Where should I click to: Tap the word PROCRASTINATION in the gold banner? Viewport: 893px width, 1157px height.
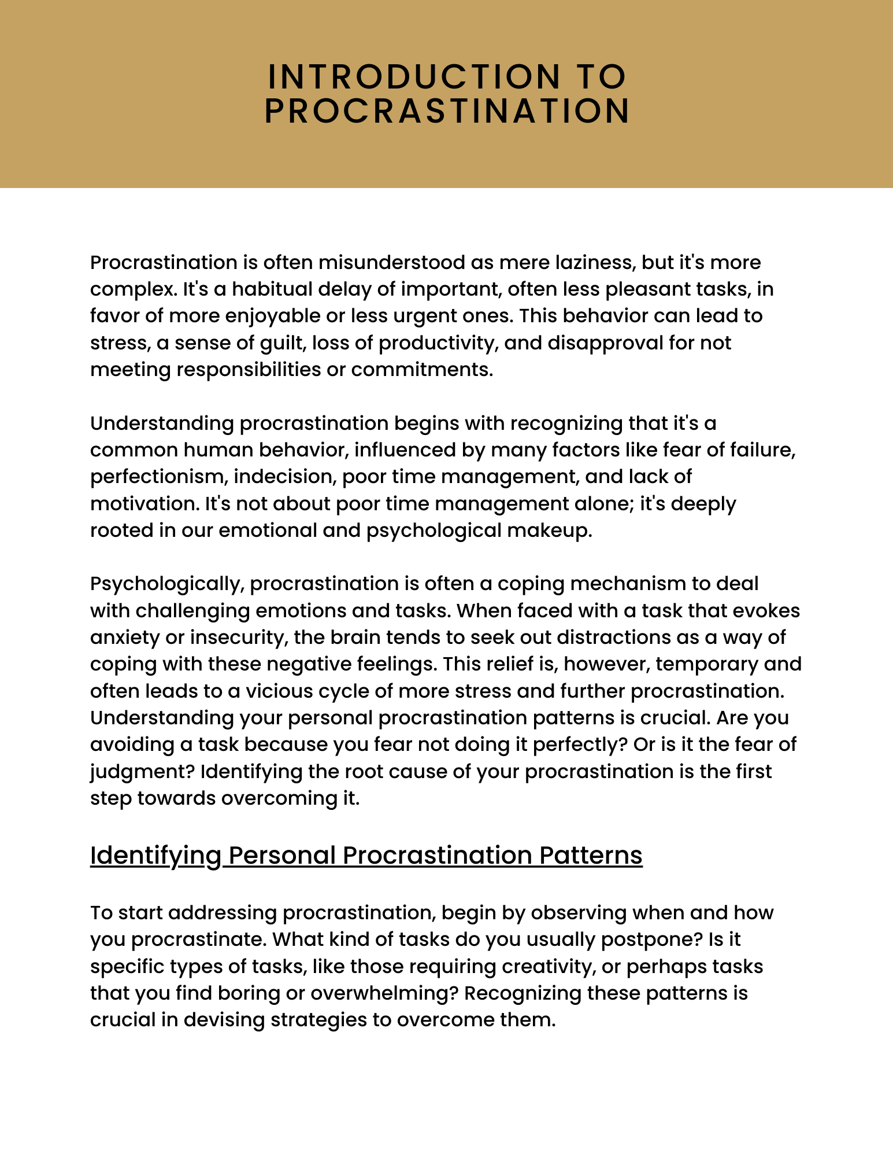coord(447,111)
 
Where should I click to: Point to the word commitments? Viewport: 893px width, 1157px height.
coord(422,370)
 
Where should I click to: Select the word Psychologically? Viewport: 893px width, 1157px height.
coord(165,584)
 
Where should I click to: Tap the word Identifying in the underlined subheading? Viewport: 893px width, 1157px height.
coord(155,856)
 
